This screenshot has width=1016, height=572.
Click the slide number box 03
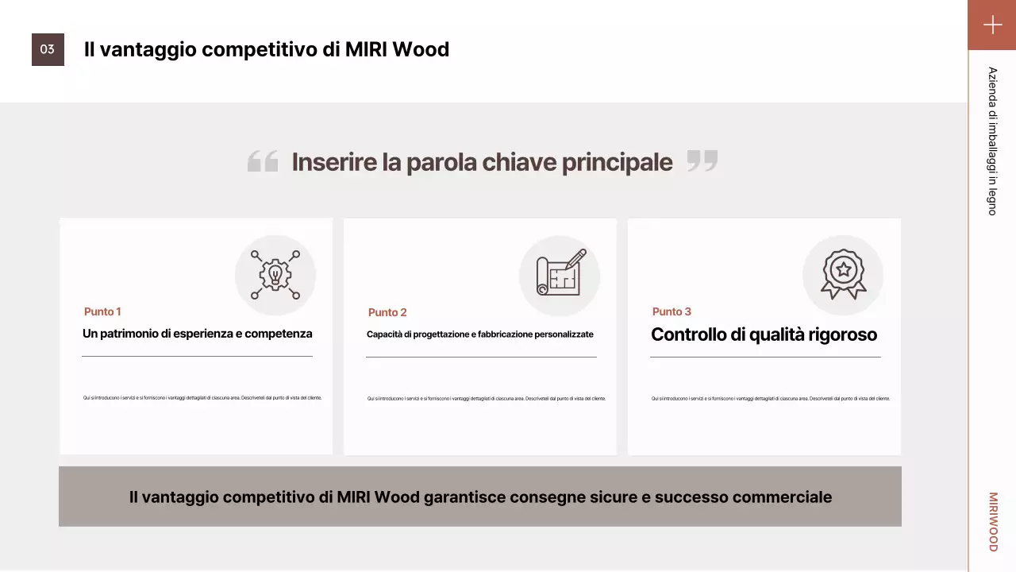pyautogui.click(x=48, y=49)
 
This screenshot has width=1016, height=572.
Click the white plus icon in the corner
pyautogui.click(x=992, y=25)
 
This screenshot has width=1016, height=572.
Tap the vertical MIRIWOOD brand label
pyautogui.click(x=993, y=522)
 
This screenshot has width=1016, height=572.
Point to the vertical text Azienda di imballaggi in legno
pyautogui.click(x=992, y=141)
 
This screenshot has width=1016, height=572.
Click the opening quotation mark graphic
pyautogui.click(x=263, y=161)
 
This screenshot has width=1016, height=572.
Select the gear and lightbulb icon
pyautogui.click(x=275, y=275)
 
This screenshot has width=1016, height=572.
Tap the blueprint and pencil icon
pyautogui.click(x=560, y=275)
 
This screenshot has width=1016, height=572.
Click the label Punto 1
pyautogui.click(x=102, y=311)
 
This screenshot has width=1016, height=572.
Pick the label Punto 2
pyautogui.click(x=387, y=312)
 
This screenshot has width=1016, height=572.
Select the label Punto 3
pyautogui.click(x=672, y=311)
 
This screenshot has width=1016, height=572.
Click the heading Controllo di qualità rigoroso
pyautogui.click(x=764, y=334)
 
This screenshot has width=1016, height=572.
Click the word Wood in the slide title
pyautogui.click(x=421, y=49)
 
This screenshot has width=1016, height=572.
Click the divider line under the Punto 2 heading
pyautogui.click(x=481, y=357)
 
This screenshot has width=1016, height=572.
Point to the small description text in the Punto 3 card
pyautogui.click(x=770, y=399)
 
